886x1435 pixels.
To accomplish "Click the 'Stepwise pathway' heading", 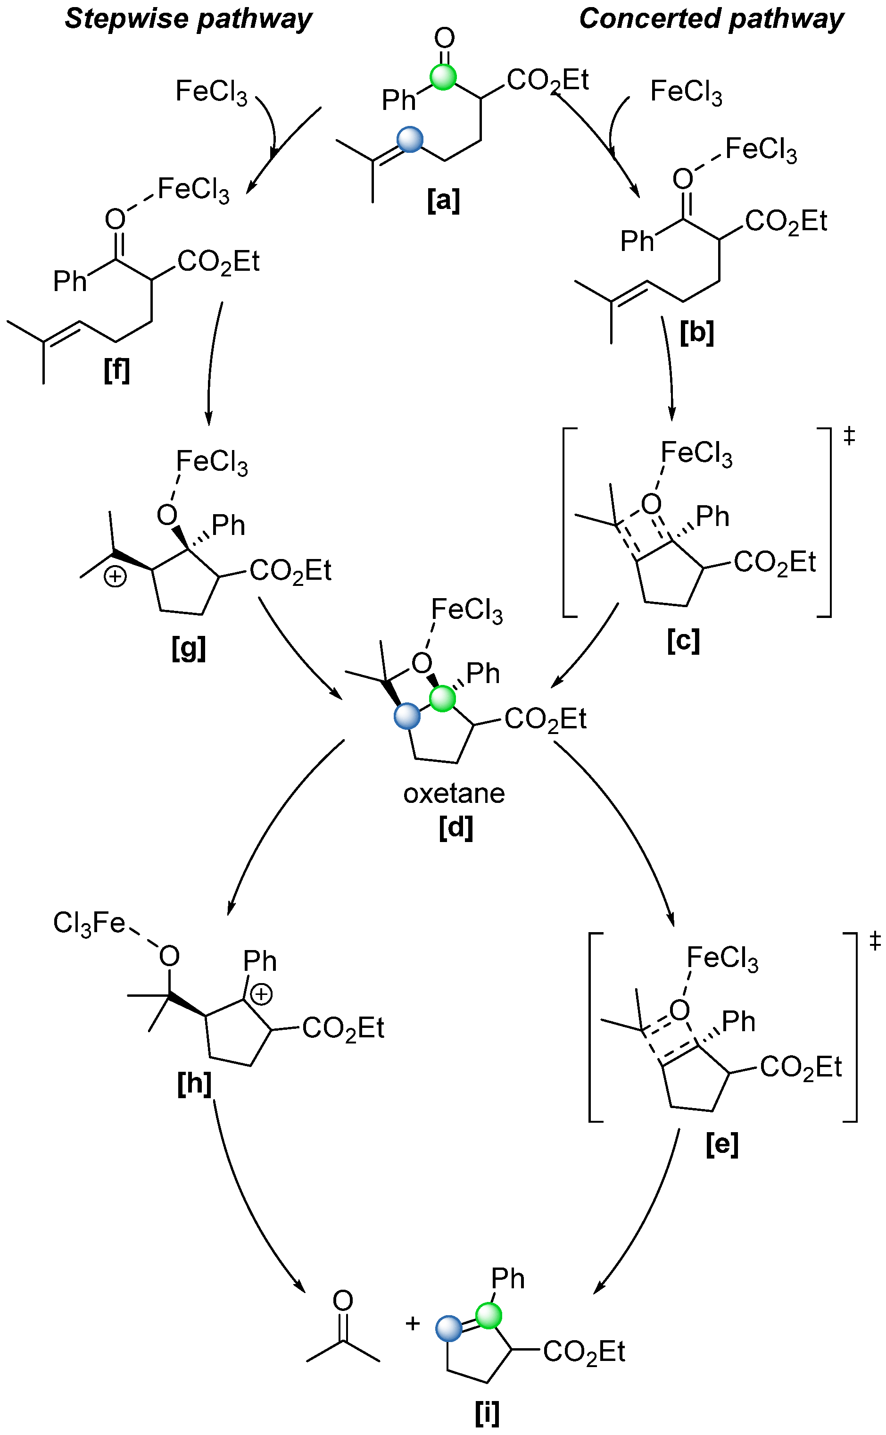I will point(188,19).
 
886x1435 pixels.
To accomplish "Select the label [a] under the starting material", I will point(444,200).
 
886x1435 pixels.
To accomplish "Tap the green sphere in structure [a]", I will point(443,77).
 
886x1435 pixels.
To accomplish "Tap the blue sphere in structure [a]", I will point(410,140).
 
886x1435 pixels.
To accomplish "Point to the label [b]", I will point(697,333).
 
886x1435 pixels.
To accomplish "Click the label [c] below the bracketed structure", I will point(683,641).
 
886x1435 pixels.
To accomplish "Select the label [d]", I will point(455,827).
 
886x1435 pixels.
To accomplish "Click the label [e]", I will point(722,1143).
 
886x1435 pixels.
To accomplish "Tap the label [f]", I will point(116,370).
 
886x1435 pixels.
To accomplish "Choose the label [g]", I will point(189,648).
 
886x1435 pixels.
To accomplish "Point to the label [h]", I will point(194,1085).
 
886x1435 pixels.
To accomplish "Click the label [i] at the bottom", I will point(487,1413).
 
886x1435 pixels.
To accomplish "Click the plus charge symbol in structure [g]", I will point(115,577).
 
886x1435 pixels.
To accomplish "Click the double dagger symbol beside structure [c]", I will point(849,436).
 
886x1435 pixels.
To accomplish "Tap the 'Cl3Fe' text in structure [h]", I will point(89,923).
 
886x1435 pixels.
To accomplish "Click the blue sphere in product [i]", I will point(449,1328).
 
